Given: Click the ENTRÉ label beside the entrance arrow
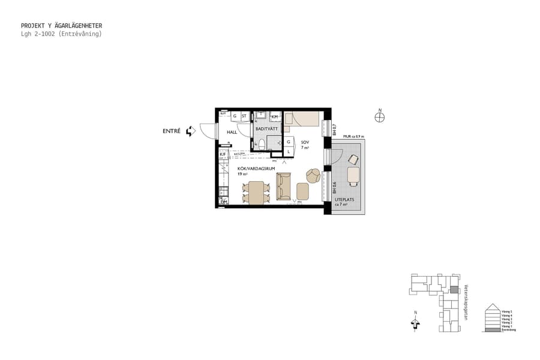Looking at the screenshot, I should (171, 131).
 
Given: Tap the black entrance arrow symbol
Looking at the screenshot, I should (190, 131).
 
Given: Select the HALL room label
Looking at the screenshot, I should (232, 132).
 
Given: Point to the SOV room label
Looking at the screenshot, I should (305, 142).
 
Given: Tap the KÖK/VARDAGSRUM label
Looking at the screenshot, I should (256, 169).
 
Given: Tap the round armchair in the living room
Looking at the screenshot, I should (313, 175).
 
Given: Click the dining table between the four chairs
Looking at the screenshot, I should (257, 193).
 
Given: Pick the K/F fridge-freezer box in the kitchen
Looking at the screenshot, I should (223, 154).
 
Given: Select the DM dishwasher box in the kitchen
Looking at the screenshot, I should (223, 202).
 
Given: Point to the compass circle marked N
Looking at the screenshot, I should (379, 118).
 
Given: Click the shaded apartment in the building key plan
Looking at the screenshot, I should (454, 290).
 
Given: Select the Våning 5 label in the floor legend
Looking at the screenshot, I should (507, 311).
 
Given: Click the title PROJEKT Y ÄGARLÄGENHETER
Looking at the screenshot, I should (61, 26).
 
